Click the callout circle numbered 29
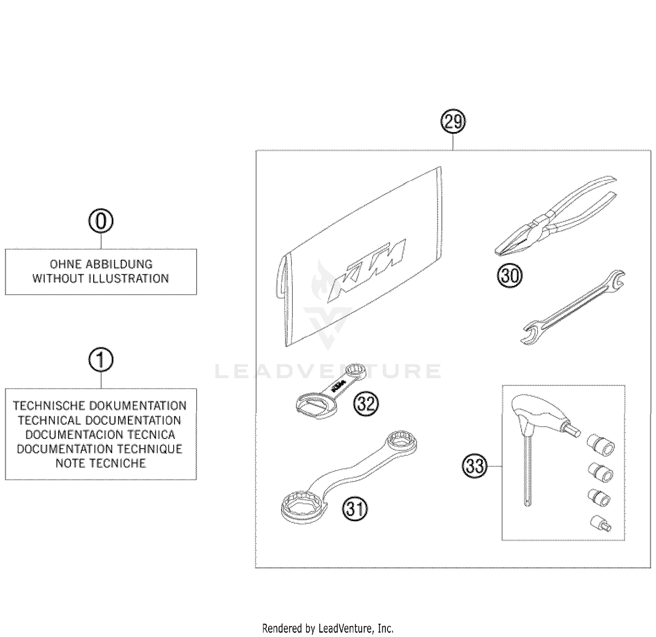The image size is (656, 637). tap(453, 122)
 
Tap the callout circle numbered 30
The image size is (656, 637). tap(510, 276)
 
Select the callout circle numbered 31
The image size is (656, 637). tap(355, 509)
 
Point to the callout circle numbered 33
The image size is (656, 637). tap(475, 466)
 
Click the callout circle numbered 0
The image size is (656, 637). tap(101, 222)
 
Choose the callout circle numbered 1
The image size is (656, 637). tap(101, 360)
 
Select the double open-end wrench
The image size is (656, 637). tap(573, 307)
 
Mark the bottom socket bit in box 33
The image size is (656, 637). tap(601, 523)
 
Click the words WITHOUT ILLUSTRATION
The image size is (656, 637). tap(101, 278)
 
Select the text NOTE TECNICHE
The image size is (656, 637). tap(101, 463)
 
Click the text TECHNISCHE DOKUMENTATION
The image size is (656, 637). tap(100, 406)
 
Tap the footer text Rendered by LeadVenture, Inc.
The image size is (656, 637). tap(328, 629)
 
